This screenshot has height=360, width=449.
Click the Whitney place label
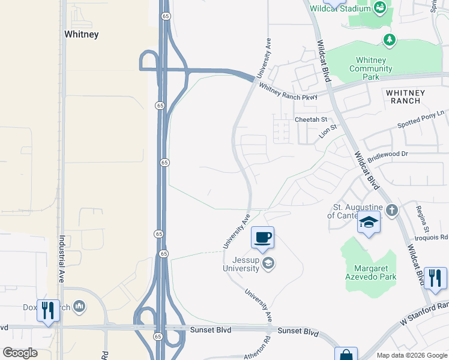[81, 34]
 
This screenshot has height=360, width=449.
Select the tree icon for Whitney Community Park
[390, 40]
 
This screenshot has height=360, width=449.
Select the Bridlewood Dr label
[387, 154]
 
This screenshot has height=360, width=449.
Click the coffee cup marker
[262, 238]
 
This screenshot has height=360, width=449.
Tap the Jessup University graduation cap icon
[269, 262]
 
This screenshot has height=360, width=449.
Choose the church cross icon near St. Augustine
[391, 210]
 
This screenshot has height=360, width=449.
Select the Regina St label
[422, 219]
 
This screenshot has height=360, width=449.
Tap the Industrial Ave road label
[61, 267]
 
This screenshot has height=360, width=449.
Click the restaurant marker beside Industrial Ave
[48, 310]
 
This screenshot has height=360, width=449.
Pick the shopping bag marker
[346, 355]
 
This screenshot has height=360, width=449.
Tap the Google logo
[20, 353]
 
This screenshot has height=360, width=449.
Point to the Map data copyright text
[411, 355]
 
